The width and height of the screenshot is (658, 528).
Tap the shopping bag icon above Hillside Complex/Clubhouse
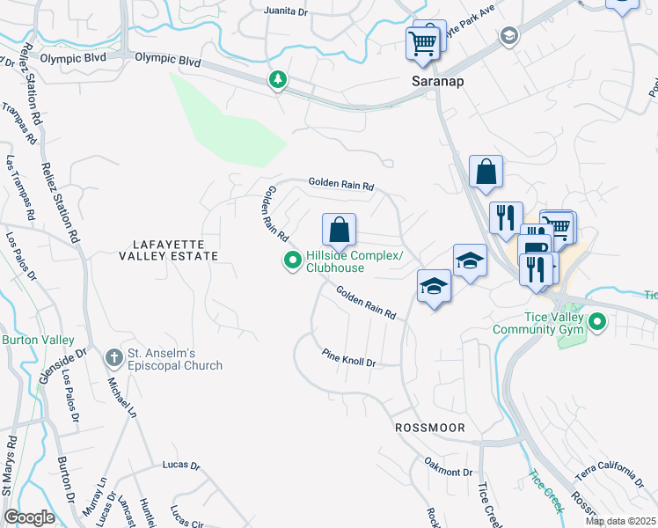(339, 231)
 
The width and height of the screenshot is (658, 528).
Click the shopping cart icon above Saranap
(422, 42)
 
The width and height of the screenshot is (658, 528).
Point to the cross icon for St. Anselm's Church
(113, 358)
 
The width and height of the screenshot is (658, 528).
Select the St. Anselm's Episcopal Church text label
(176, 359)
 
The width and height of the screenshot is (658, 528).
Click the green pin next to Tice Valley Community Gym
(598, 323)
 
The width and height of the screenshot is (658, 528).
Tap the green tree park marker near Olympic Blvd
(279, 81)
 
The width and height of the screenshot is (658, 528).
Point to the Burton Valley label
(31, 340)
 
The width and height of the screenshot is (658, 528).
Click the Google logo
(29, 517)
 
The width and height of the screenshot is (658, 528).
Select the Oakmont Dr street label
(449, 472)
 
